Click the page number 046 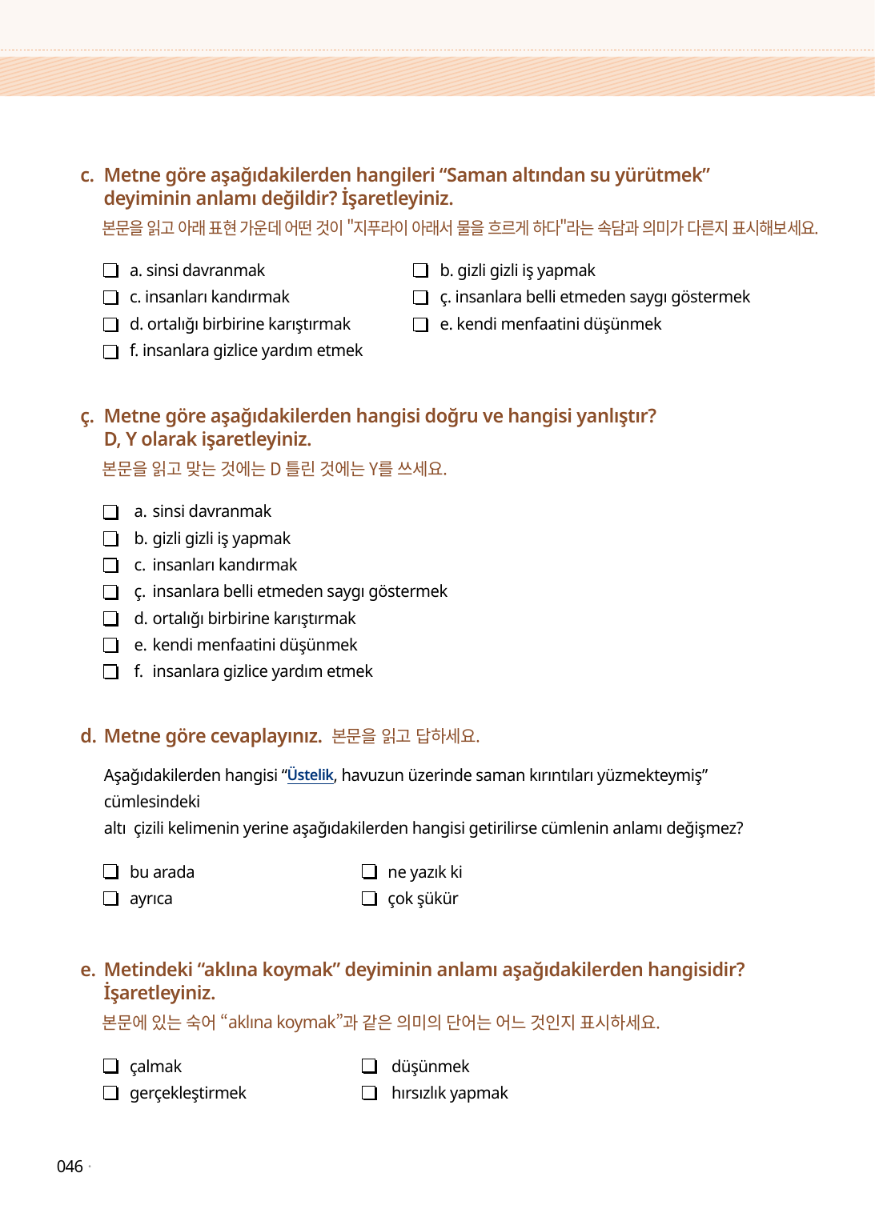70,1167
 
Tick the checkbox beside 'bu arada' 111,871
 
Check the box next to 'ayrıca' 111,899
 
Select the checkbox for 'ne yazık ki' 369,871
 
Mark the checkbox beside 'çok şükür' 369,899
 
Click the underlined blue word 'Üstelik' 310,775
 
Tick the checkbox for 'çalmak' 111,1066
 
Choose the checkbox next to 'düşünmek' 369,1066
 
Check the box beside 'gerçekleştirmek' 111,1093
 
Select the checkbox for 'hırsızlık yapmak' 369,1093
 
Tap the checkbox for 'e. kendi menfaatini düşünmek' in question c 420,324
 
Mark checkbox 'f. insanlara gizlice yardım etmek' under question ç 111,671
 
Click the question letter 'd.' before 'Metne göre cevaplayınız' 88,736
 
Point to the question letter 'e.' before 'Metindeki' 88,970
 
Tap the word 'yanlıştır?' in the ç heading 616,416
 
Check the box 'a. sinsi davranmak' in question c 111,270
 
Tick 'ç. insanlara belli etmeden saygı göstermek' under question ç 111,592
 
